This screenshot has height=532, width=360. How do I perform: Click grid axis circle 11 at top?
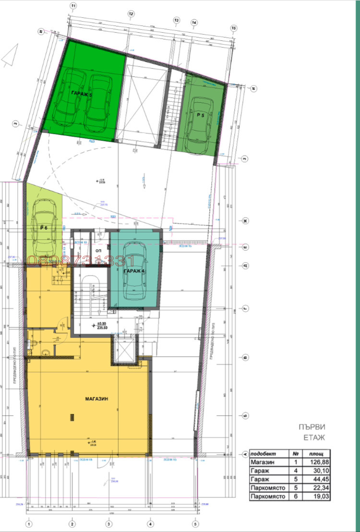click(x=73, y=6)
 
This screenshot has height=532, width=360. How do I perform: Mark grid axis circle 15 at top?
click(x=234, y=28)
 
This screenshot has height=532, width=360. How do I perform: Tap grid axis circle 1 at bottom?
click(x=29, y=524)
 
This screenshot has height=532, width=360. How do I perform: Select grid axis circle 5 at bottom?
click(x=195, y=524)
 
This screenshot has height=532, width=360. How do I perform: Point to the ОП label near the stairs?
click(x=98, y=251)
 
